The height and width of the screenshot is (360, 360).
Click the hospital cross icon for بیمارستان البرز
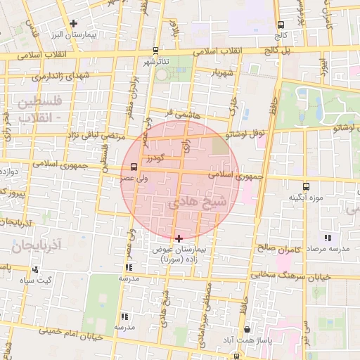(73, 23)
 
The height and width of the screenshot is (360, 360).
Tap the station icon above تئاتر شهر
(155, 51)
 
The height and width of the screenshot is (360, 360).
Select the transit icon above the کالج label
(281, 25)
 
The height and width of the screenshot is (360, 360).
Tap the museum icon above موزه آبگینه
(305, 186)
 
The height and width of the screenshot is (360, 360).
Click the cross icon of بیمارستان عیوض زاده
(179, 238)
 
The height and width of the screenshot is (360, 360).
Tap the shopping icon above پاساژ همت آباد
(246, 330)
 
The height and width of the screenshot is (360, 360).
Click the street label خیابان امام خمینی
(70, 333)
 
